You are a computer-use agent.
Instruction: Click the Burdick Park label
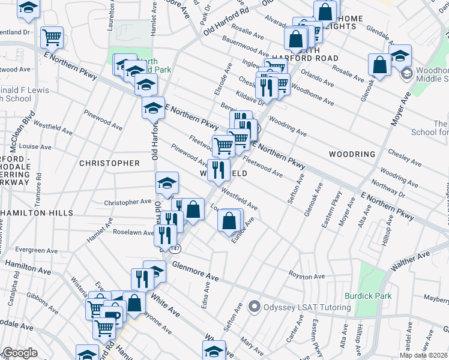[368, 296]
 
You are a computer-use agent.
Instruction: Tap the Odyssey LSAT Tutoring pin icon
[255, 307]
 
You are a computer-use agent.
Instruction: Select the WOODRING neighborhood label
[352, 154]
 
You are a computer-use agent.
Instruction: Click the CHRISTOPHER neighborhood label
[109, 163]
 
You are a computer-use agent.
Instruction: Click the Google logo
[20, 353]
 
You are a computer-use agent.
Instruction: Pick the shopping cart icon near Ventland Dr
[52, 37]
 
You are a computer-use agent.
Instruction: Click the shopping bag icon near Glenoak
[379, 65]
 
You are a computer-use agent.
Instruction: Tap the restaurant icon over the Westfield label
[218, 169]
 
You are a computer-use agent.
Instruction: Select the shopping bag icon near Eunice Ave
[229, 220]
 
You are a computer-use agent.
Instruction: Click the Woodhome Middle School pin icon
[406, 74]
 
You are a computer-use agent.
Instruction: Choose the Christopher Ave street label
[128, 203]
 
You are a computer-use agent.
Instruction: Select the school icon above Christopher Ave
[167, 184]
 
